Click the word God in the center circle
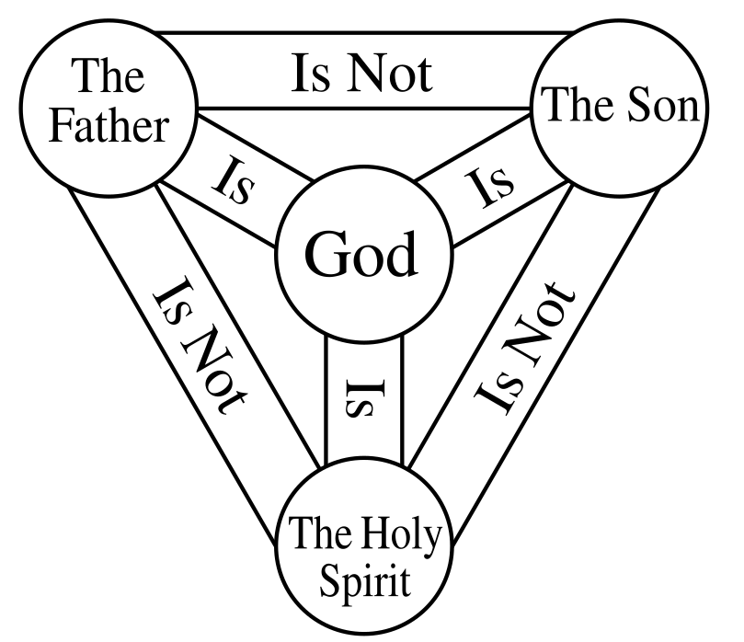point(361,255)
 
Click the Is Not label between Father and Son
point(361,74)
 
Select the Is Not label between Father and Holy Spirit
point(200,350)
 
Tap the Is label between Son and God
point(486,187)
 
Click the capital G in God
point(323,255)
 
